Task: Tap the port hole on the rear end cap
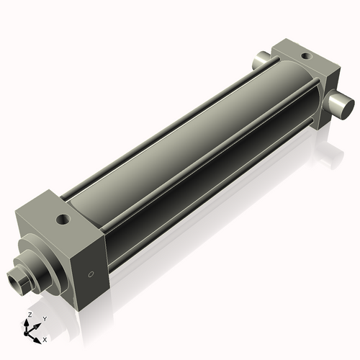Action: [x=306, y=55]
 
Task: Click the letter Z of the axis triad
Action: [x=30, y=315]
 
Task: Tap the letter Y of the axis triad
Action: [x=44, y=318]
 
